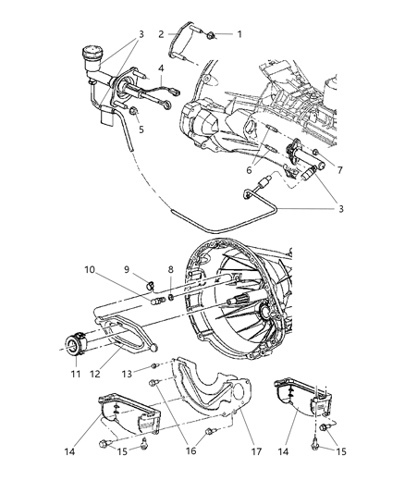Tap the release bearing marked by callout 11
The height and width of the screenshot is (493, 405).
74,346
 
